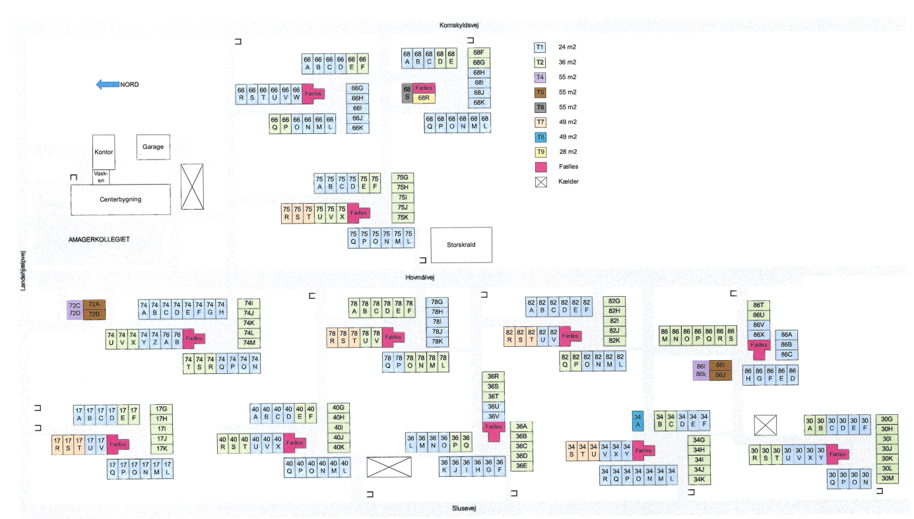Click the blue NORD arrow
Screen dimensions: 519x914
coord(108,84)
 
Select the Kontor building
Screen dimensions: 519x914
coord(104,152)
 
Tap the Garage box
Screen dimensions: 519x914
coord(152,147)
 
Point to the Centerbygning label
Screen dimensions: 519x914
coord(121,199)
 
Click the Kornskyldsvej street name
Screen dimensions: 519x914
coord(459,25)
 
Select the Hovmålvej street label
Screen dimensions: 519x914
coord(421,278)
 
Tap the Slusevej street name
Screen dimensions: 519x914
coord(464,508)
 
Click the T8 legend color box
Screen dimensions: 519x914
coord(540,137)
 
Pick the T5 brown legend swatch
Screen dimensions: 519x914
coord(540,92)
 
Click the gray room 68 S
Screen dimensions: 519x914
coord(407,93)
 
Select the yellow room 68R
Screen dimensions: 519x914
coord(424,98)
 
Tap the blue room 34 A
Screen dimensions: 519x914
coord(637,421)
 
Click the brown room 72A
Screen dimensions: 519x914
coord(94,305)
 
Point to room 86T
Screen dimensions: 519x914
coord(759,305)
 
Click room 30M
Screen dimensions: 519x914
coord(887,479)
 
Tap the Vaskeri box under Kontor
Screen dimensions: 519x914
coord(101,177)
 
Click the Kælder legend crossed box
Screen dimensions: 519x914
coord(540,182)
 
